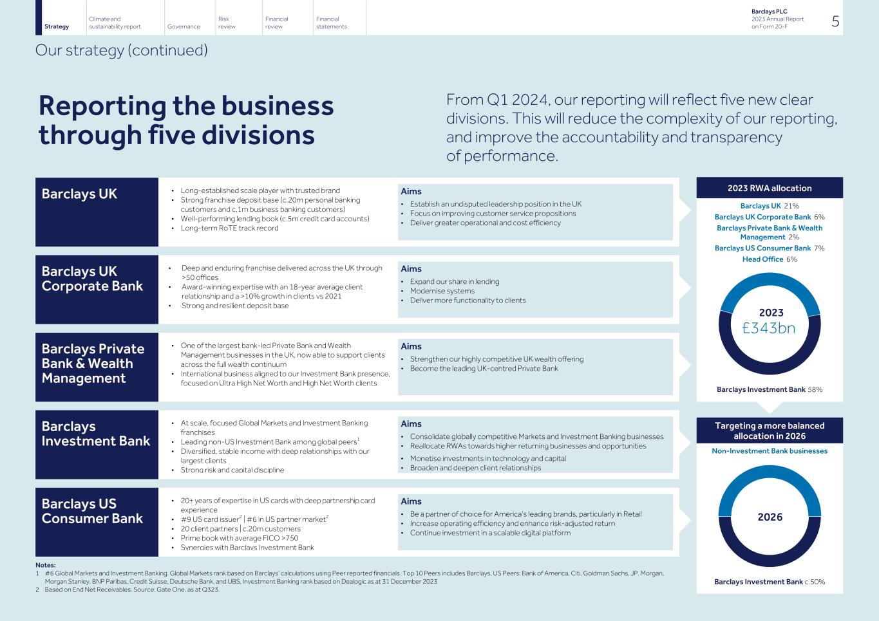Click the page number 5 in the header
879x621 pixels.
point(835,21)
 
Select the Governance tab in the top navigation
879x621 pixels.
point(183,26)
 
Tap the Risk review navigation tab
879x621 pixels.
point(227,23)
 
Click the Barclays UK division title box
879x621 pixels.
point(97,212)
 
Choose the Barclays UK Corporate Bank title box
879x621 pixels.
point(97,289)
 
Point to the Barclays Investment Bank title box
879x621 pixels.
point(97,444)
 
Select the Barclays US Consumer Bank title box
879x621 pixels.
point(97,521)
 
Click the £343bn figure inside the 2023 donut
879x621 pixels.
point(769,328)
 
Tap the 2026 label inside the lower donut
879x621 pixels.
point(770,517)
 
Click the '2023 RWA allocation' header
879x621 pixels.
point(770,188)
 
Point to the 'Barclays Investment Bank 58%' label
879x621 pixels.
point(770,389)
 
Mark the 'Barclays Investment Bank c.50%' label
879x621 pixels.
point(770,582)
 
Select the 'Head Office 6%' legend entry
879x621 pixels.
point(770,259)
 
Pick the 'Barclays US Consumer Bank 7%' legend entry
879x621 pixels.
point(770,248)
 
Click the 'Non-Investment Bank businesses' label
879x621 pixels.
point(770,450)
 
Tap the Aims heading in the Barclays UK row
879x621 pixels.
point(411,191)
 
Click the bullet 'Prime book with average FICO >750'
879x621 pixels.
point(239,538)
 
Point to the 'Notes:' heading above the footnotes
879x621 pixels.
point(45,565)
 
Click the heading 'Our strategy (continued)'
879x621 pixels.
point(122,50)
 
